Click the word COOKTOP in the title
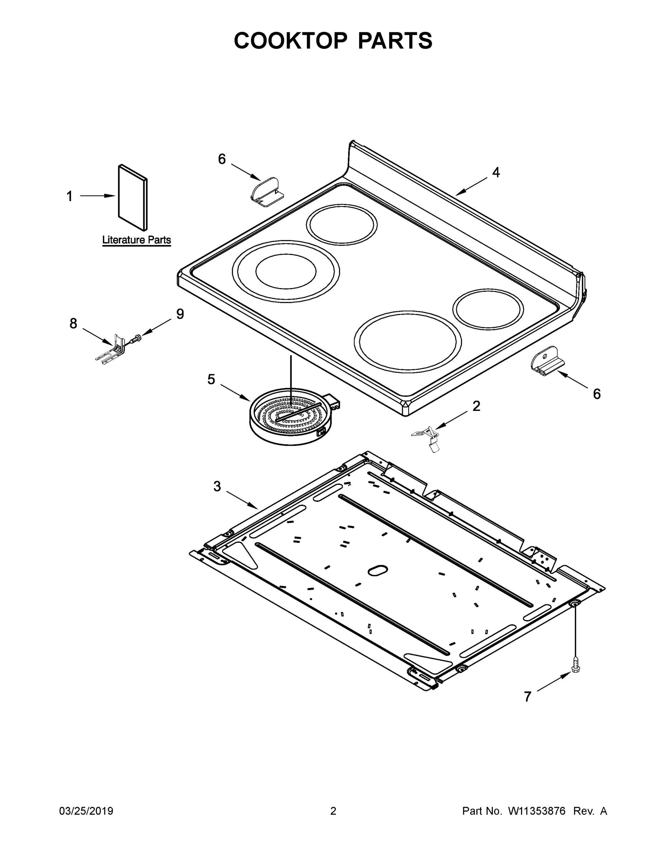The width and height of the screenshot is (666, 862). (291, 41)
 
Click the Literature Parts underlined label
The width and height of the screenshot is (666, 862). (136, 240)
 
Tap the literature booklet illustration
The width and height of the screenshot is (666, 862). (133, 197)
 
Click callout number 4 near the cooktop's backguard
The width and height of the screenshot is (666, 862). (495, 172)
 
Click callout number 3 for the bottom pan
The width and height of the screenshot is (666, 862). (217, 487)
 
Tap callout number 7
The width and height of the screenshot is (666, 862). (527, 697)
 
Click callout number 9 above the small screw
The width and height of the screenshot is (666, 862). (180, 314)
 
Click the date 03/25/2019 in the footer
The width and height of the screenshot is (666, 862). (86, 811)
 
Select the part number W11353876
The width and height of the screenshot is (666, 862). (537, 811)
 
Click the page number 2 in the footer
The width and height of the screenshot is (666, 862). (333, 811)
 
